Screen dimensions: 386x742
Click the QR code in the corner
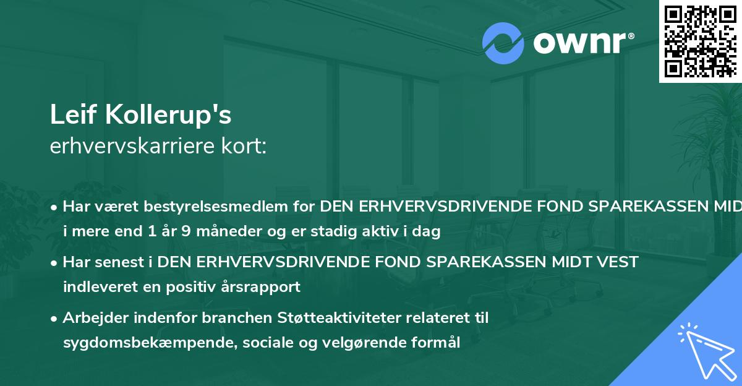700,41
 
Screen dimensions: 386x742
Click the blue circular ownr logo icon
503,43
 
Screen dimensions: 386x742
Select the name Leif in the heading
69,115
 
